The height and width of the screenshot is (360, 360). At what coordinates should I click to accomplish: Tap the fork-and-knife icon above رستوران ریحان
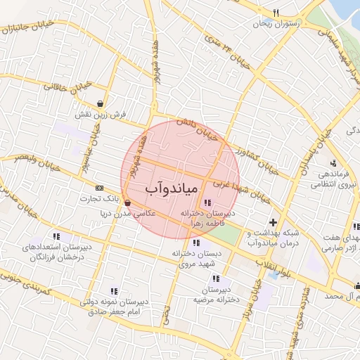click(276, 13)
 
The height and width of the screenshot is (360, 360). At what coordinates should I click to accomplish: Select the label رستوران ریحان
click(278, 24)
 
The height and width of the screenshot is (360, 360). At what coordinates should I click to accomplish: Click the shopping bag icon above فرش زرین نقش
click(101, 103)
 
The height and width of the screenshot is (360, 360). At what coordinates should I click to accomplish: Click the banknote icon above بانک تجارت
click(98, 188)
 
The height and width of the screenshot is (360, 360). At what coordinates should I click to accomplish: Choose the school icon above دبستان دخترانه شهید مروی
click(195, 243)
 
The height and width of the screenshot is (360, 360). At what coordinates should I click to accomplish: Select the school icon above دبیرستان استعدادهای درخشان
click(56, 236)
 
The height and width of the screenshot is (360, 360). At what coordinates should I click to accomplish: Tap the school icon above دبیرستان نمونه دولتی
click(112, 290)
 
